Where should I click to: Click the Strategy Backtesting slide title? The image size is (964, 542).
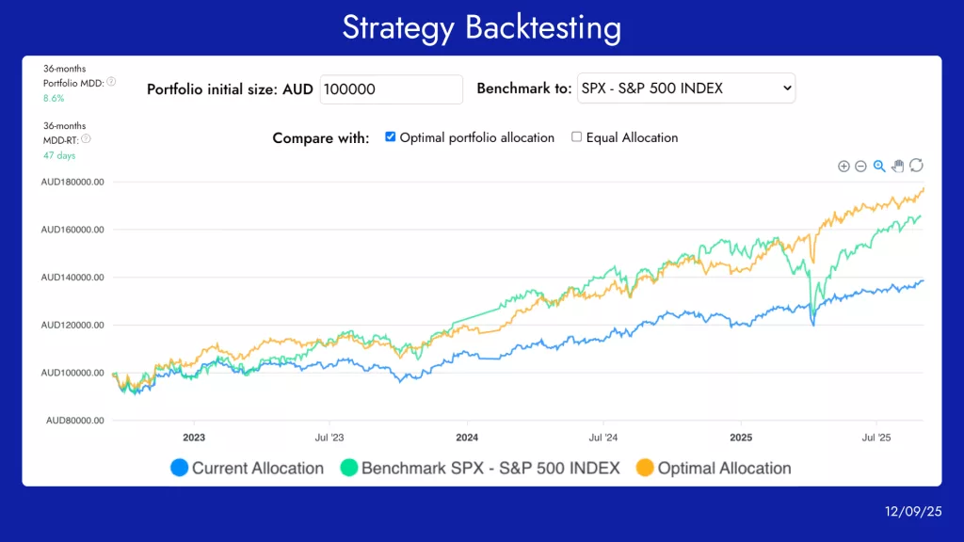coord(481,27)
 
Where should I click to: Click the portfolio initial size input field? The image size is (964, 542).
coord(392,89)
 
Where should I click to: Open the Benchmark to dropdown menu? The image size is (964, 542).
coord(685,88)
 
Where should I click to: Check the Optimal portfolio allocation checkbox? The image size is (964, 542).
coord(391,137)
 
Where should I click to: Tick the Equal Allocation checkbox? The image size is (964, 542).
coord(577,137)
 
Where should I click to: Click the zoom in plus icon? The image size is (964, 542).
coord(843,166)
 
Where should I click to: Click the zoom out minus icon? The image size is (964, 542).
coord(860,166)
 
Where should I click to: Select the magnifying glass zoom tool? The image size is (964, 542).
coord(879,166)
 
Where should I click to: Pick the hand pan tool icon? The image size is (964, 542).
coord(897,166)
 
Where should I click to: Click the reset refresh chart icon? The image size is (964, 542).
coord(916,166)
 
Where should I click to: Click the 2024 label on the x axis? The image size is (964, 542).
coord(467,438)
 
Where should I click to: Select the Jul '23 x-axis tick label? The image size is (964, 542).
coord(329,438)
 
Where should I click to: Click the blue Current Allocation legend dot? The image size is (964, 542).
coord(179,468)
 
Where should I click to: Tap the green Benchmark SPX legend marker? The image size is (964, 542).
coord(348,468)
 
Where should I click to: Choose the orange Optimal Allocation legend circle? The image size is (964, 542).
coord(645,468)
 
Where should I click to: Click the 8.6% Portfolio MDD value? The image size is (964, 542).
coord(54,98)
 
